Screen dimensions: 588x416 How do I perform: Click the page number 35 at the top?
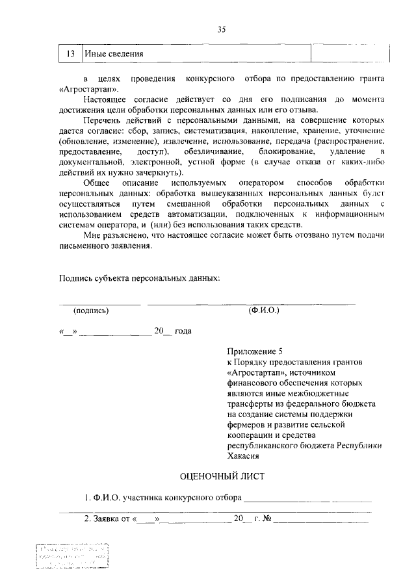point(221,29)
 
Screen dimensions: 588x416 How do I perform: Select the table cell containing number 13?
point(71,53)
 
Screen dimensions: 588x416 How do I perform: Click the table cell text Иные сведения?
point(114,53)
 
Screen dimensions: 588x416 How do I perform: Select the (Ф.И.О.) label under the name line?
point(263,311)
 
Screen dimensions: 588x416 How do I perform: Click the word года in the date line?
point(183,331)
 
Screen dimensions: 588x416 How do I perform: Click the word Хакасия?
point(244,456)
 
